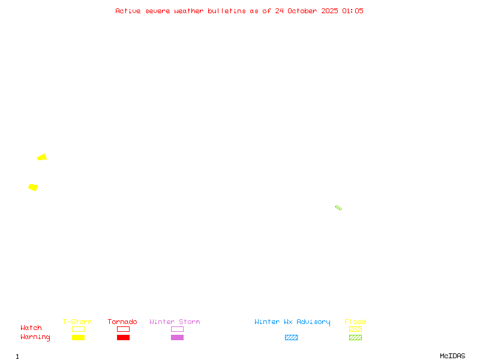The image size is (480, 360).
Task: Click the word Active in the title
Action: click(128, 11)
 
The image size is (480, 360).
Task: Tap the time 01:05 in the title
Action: click(353, 11)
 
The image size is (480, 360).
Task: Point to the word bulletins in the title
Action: click(227, 11)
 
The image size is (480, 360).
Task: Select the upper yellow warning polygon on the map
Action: click(42, 157)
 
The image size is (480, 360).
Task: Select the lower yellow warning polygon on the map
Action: click(33, 188)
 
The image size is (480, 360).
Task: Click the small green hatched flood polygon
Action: click(338, 208)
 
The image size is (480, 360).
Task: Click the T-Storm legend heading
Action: click(77, 322)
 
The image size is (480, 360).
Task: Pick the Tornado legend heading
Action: click(122, 322)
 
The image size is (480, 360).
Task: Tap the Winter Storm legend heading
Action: click(175, 322)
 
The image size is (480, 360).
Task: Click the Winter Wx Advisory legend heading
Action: click(292, 322)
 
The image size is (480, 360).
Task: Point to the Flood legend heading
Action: click(355, 322)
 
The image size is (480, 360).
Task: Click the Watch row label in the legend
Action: click(31, 328)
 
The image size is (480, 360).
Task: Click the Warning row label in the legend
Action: click(35, 337)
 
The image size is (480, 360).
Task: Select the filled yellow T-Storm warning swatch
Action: click(78, 338)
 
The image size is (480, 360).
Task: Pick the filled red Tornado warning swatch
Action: click(123, 338)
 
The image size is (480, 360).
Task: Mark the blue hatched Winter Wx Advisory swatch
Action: click(291, 338)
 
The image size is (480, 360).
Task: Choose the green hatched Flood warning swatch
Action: click(355, 338)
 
